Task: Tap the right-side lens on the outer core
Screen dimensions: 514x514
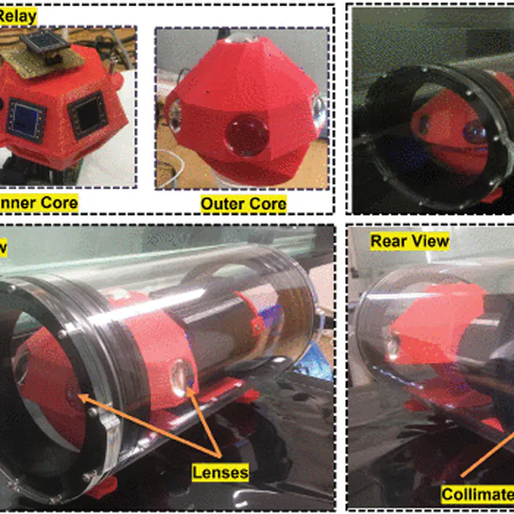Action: point(319,110)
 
